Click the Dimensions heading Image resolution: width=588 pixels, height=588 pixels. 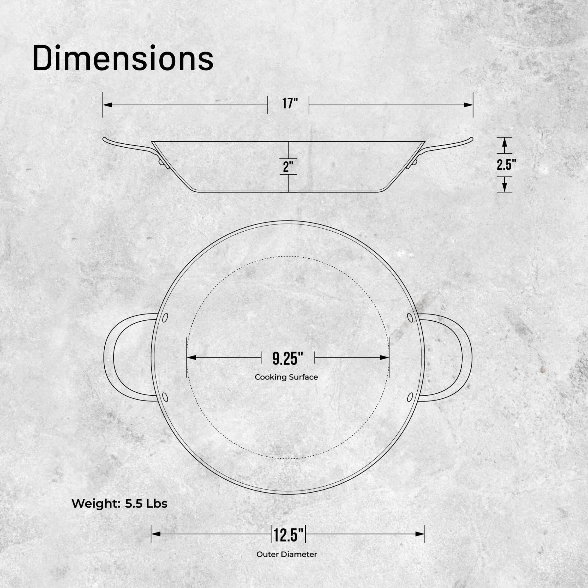(123, 58)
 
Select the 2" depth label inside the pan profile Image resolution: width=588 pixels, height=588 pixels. (288, 167)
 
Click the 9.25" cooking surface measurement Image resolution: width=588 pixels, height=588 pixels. (288, 358)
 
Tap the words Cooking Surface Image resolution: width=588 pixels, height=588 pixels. (286, 377)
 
